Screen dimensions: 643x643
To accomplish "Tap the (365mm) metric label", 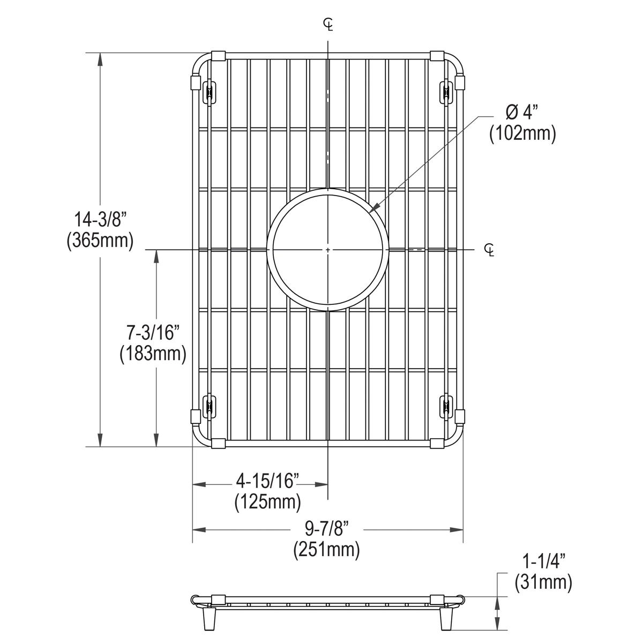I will [100, 241].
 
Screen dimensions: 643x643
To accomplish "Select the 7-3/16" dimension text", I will [153, 333].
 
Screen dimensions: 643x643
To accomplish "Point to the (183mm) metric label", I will [153, 354].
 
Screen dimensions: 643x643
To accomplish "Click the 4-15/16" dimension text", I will [267, 481].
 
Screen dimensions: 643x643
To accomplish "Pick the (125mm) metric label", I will [267, 502].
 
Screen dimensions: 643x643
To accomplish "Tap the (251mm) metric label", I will [326, 550].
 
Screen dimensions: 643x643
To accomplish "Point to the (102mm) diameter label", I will [522, 133].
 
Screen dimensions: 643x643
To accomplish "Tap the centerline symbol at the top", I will [328, 24].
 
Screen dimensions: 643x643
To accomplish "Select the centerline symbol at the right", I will [489, 250].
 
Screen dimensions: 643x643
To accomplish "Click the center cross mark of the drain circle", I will [328, 250].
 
